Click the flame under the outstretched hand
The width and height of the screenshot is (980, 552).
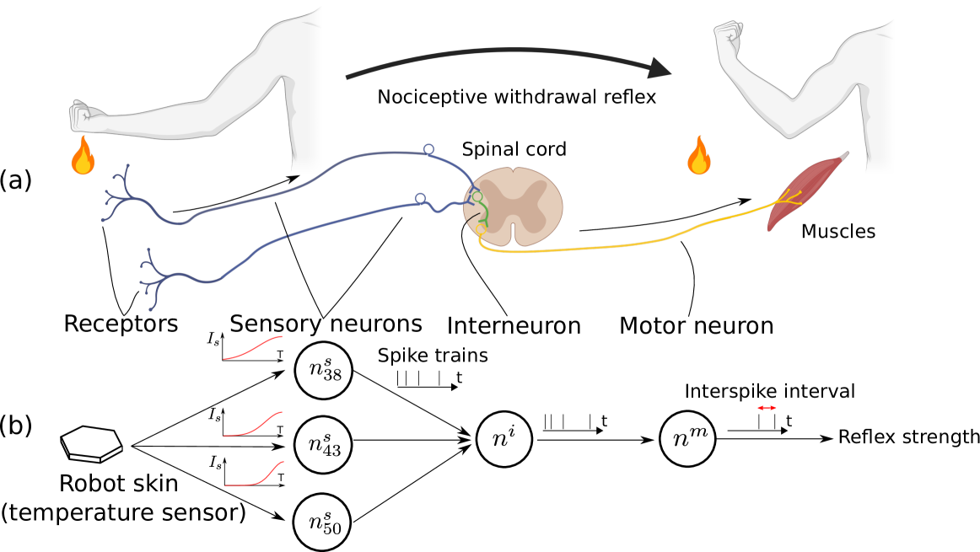tap(83, 157)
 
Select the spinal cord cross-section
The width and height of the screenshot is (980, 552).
tap(514, 207)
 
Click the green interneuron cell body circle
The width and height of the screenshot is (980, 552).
tap(477, 197)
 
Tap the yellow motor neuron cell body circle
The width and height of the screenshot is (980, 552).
tap(481, 229)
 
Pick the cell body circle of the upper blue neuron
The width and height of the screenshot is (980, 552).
tap(428, 149)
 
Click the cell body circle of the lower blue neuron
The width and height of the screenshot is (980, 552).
tap(420, 199)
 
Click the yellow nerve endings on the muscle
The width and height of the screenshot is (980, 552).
tap(789, 198)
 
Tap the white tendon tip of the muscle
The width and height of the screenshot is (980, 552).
tap(843, 155)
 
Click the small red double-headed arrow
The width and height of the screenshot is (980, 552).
tap(767, 408)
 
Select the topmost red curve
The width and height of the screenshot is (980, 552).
tap(253, 348)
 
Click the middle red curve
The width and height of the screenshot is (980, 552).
tap(253, 426)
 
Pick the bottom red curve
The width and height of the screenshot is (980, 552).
tap(255, 476)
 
